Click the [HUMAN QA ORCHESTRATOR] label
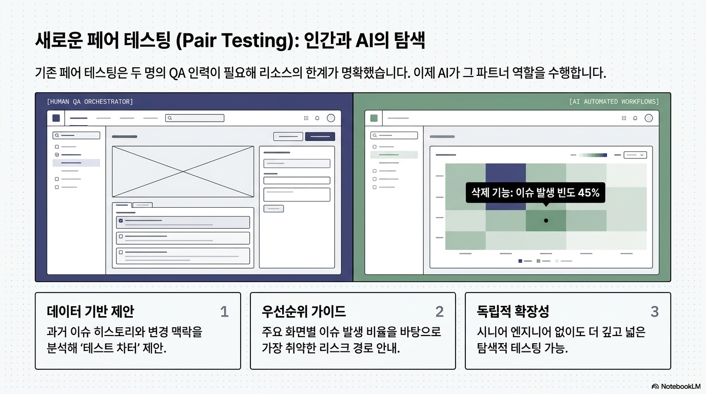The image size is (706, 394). click(90, 102)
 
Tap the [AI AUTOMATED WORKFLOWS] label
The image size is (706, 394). click(614, 102)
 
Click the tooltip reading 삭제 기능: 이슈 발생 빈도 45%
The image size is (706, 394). click(536, 192)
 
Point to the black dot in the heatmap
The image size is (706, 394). click(546, 221)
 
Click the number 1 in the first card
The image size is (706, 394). click(224, 312)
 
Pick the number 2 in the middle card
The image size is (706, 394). click(439, 312)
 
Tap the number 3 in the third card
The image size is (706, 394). click(655, 312)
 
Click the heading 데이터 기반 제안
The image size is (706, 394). click(90, 311)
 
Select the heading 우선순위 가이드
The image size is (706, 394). click(304, 311)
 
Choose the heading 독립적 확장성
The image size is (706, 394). click(513, 311)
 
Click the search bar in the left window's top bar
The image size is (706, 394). click(195, 118)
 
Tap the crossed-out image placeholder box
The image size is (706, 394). click(183, 171)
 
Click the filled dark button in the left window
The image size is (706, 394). click(320, 136)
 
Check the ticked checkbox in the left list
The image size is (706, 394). click(121, 221)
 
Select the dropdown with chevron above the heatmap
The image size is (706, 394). click(635, 155)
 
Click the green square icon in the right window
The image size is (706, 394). click(374, 118)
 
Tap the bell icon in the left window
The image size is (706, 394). click(318, 118)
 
